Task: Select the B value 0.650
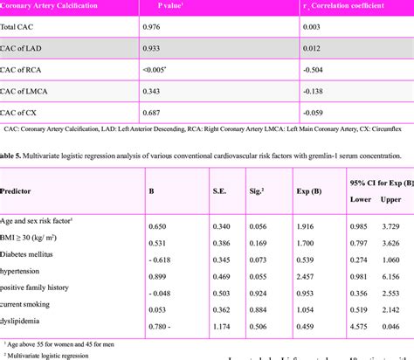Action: [161, 226]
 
